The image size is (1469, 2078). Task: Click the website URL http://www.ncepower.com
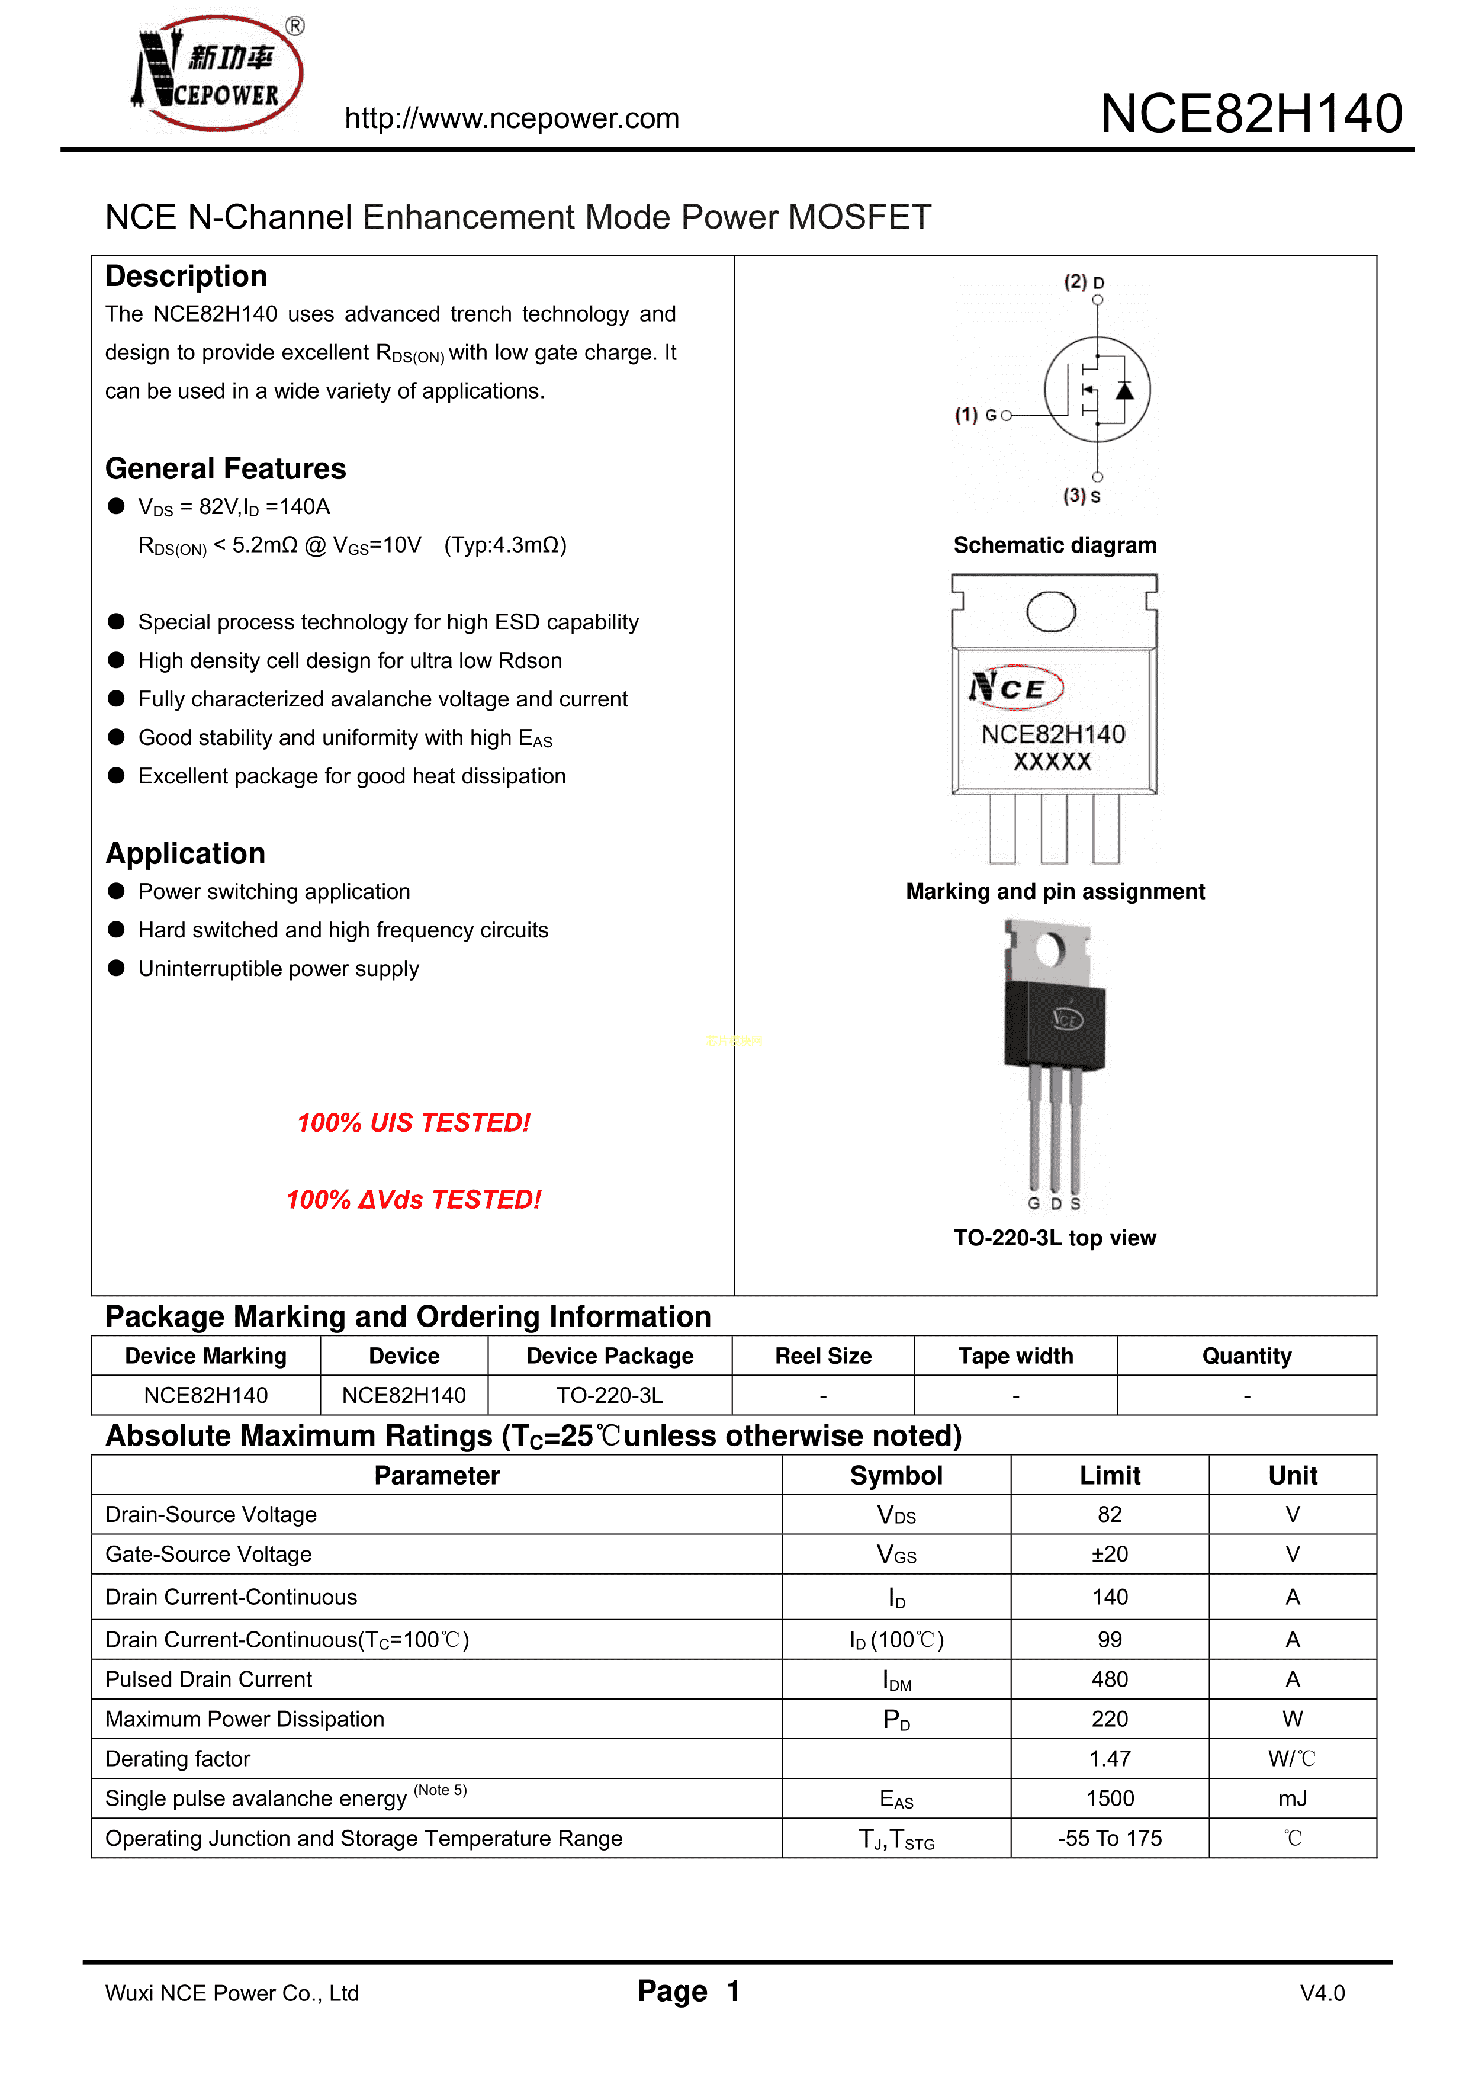click(x=512, y=118)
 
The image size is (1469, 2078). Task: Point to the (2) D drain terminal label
click(x=1084, y=281)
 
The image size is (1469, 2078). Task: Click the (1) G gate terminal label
click(x=976, y=415)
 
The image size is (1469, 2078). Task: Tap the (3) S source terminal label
click(x=1082, y=496)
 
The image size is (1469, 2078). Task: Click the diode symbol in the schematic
click(x=1124, y=390)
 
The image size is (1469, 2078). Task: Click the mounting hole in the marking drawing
click(x=1051, y=612)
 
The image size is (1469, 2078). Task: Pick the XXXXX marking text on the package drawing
click(x=1052, y=762)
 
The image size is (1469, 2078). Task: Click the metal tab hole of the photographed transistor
click(x=1050, y=949)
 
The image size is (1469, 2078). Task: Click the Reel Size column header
click(x=823, y=1356)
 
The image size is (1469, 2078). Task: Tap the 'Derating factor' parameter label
click(x=178, y=1759)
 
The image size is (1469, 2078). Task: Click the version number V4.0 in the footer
click(x=1322, y=1993)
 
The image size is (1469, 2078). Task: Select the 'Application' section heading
click(x=185, y=853)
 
